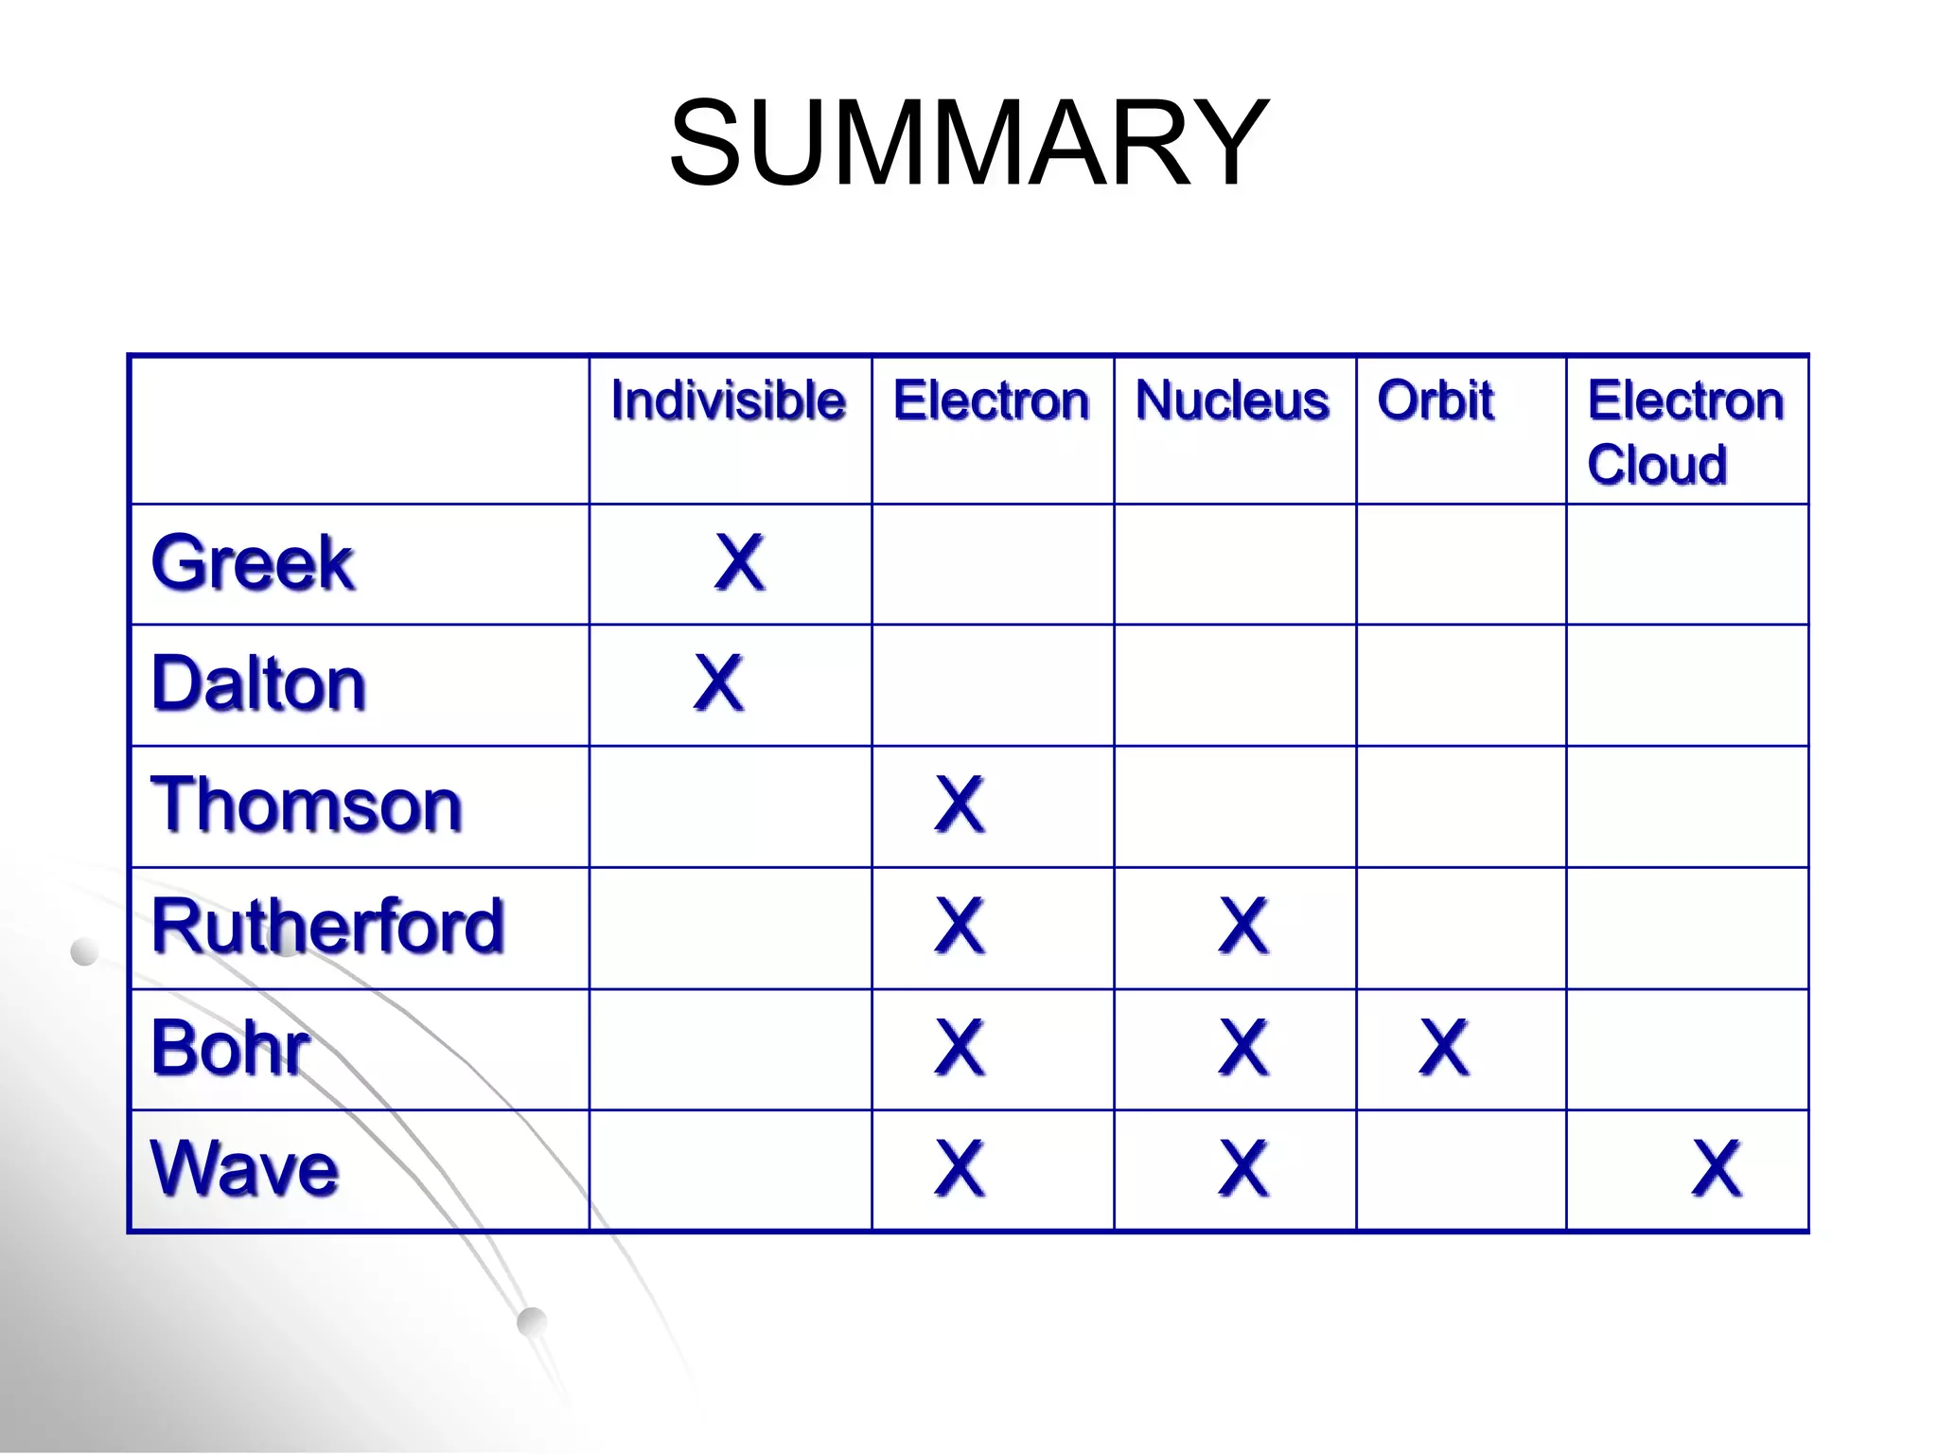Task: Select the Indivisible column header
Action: point(728,400)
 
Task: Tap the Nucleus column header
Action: point(1232,400)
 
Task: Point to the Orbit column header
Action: point(1436,400)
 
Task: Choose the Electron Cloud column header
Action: point(1685,432)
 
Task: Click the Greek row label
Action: point(253,563)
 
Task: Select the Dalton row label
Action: point(258,683)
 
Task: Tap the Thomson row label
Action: point(307,805)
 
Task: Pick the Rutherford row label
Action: point(327,926)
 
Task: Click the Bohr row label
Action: point(230,1048)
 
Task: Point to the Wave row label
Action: point(244,1169)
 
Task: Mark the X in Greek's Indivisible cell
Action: point(739,562)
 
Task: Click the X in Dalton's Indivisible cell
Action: point(718,683)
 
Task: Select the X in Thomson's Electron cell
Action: point(960,805)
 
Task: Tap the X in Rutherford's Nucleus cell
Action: point(1243,926)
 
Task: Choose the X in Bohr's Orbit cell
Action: point(1444,1048)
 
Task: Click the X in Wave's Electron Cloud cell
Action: point(1716,1169)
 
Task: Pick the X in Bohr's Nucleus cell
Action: point(1243,1048)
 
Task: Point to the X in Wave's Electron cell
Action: point(960,1169)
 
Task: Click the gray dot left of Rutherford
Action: point(85,951)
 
